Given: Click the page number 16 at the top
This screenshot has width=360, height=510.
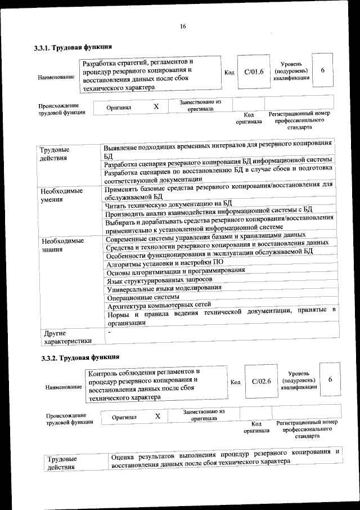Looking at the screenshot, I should pos(183,26).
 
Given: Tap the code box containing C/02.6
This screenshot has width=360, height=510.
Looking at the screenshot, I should pos(262,381).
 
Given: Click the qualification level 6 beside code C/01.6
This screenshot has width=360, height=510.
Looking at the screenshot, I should pos(322,71).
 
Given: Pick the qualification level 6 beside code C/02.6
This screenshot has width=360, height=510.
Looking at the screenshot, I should pos(330,380).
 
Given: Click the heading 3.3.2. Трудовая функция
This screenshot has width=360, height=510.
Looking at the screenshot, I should pos(80,357).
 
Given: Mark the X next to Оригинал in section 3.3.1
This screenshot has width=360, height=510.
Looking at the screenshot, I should pos(156,106).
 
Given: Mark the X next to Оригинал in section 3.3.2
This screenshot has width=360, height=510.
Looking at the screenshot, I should pos(158,416).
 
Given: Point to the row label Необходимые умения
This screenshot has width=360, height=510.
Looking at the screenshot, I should pos(62,195).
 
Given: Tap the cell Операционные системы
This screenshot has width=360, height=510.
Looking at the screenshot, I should pos(143,297).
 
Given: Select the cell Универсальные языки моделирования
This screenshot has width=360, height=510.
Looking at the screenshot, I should pos(163,288).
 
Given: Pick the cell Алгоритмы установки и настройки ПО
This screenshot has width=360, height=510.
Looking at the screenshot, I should pos(160,263).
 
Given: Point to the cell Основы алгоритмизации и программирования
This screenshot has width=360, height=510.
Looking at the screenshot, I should pos(175,271).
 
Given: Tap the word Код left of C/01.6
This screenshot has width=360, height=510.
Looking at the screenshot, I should pos(229,73).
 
